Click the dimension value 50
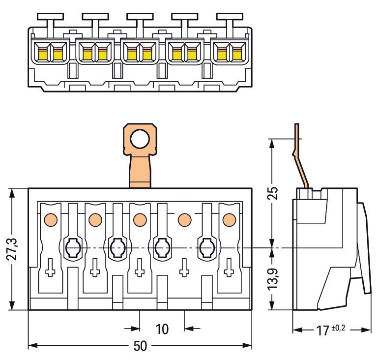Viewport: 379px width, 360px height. point(140,347)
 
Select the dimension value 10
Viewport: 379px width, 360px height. point(162,329)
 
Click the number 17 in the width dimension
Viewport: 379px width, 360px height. point(322,330)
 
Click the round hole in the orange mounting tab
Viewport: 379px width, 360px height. point(140,140)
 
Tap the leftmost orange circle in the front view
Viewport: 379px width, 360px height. point(50,219)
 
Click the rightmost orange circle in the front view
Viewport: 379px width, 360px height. point(229,219)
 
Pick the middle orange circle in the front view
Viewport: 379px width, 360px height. point(140,219)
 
